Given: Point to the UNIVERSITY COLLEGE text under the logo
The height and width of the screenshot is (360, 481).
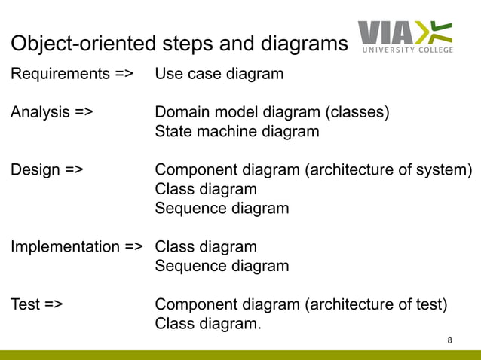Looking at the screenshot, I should pos(408,50).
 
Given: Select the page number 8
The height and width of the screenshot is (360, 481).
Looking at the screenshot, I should pos(450,341).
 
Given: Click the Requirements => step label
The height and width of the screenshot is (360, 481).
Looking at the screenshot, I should pos(72,74).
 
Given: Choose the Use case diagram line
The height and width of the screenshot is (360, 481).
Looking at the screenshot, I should pos(219,74).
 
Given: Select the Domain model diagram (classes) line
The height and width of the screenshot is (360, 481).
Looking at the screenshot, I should pos(272,113).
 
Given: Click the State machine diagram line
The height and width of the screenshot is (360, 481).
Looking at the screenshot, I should pos(237,132).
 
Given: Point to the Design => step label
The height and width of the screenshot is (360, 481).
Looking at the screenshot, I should pos(47,169).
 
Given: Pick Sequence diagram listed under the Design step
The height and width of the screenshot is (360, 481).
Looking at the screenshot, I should pos(222,209).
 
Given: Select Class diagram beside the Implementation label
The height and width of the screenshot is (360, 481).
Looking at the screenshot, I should pos(206,246).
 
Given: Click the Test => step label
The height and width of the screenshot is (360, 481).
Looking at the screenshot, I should pos(37,304).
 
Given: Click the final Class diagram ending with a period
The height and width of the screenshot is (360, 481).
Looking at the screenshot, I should pos(208,324).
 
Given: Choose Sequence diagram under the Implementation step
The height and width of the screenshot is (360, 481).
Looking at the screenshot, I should pos(222,266).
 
